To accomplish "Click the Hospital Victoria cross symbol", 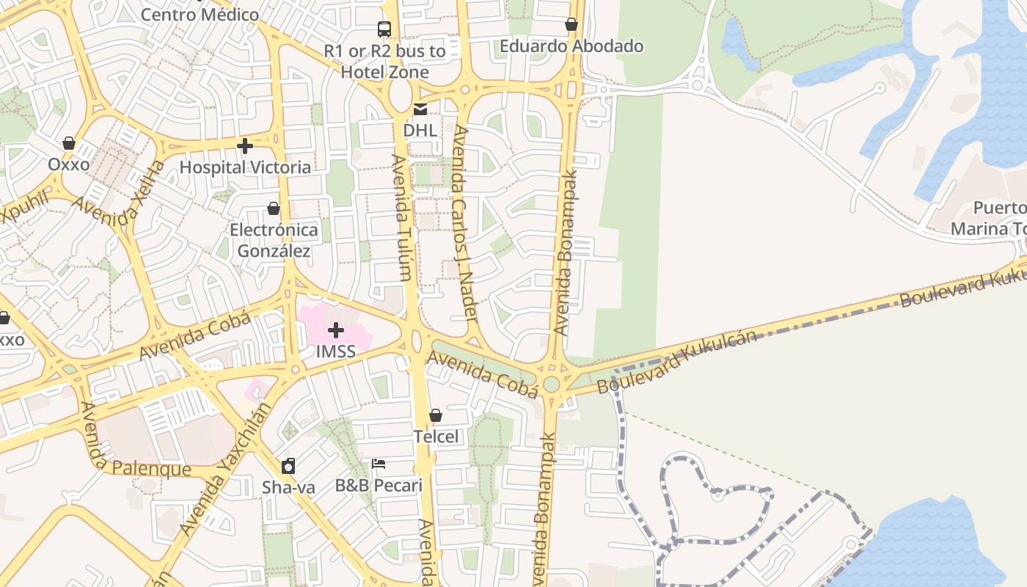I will (245, 146).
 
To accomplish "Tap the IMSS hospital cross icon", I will (336, 330).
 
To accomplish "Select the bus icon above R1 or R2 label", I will (384, 29).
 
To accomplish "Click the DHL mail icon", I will (420, 109).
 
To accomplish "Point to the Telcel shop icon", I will (436, 415).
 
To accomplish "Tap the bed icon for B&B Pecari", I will (379, 464).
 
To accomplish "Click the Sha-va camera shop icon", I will (288, 466).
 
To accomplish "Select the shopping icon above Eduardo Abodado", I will (571, 24).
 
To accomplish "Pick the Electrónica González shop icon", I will (274, 208).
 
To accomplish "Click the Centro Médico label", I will (200, 14).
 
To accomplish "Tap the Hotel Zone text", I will (384, 72).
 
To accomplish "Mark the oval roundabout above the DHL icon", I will (401, 95).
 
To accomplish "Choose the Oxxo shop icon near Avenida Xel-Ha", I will (69, 142).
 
